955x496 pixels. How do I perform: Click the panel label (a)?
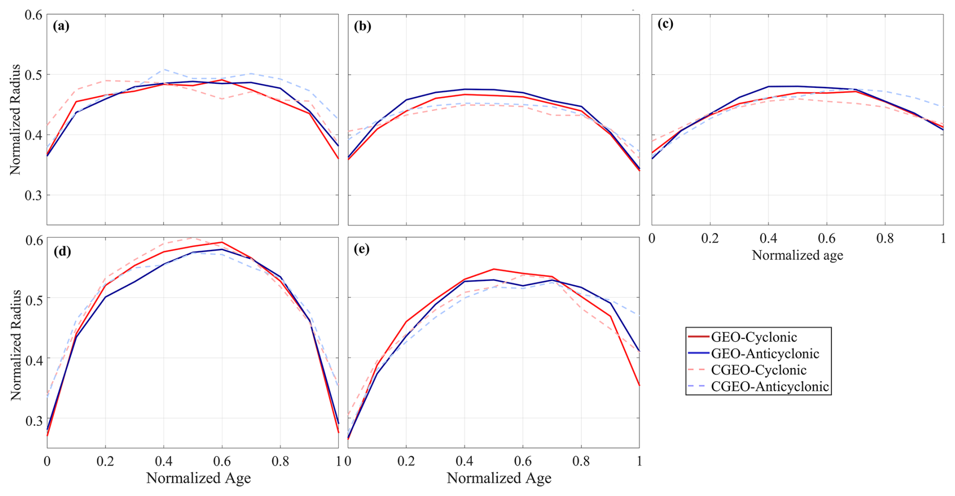tap(61, 26)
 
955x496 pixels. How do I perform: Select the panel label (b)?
tap(362, 26)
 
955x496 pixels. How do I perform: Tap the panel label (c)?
tap(665, 24)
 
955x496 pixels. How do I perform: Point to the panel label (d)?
tap(63, 251)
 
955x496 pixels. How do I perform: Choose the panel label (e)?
tap(362, 249)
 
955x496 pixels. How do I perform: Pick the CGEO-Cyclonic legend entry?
tap(759, 370)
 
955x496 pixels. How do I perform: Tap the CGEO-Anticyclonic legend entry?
tap(769, 387)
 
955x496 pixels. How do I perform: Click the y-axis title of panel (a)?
tap(16, 120)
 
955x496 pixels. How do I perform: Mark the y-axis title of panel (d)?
tap(16, 345)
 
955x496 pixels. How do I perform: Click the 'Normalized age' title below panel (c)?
tap(797, 255)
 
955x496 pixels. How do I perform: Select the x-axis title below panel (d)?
tap(198, 478)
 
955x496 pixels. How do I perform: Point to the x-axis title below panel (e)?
tap(499, 478)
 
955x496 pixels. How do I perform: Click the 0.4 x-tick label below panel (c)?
tap(768, 238)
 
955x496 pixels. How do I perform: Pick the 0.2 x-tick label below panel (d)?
tap(105, 461)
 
